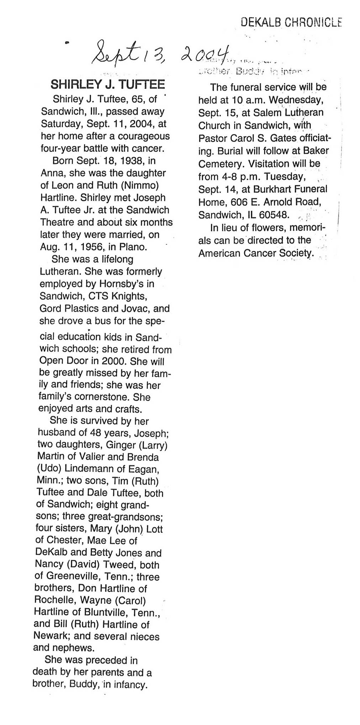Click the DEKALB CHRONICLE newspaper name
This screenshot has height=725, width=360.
(291, 23)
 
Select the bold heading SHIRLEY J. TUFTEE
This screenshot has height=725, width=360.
(108, 84)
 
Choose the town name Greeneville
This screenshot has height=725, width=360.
(69, 577)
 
